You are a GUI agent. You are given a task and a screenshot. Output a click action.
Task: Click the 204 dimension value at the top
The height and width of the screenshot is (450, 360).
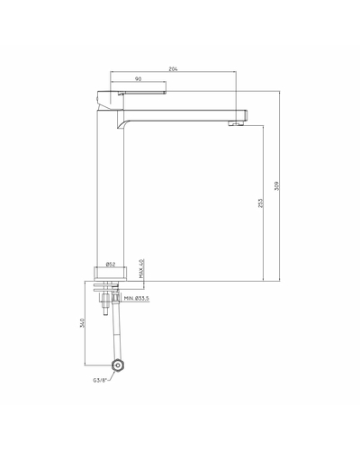[x=173, y=69]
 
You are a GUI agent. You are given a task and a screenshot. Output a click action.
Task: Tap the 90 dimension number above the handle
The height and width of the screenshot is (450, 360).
[x=138, y=79]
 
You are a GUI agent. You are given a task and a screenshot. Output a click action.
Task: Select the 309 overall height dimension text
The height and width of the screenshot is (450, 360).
[x=276, y=186]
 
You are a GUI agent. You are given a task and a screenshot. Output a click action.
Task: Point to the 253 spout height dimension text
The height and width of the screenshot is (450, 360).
[x=260, y=202]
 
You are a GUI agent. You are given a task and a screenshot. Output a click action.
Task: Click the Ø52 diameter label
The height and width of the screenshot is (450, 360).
[x=111, y=265]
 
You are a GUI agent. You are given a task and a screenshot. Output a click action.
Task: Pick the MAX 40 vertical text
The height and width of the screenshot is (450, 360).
[x=142, y=268]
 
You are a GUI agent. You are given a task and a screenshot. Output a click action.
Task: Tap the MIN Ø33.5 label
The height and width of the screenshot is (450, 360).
[x=137, y=298]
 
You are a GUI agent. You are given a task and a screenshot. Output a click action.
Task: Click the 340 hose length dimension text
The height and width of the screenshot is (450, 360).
[x=82, y=323]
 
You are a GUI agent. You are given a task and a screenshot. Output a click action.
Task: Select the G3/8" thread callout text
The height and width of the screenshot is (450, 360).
[x=100, y=381]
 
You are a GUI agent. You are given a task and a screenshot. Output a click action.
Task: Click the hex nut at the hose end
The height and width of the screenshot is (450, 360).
[x=118, y=365]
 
